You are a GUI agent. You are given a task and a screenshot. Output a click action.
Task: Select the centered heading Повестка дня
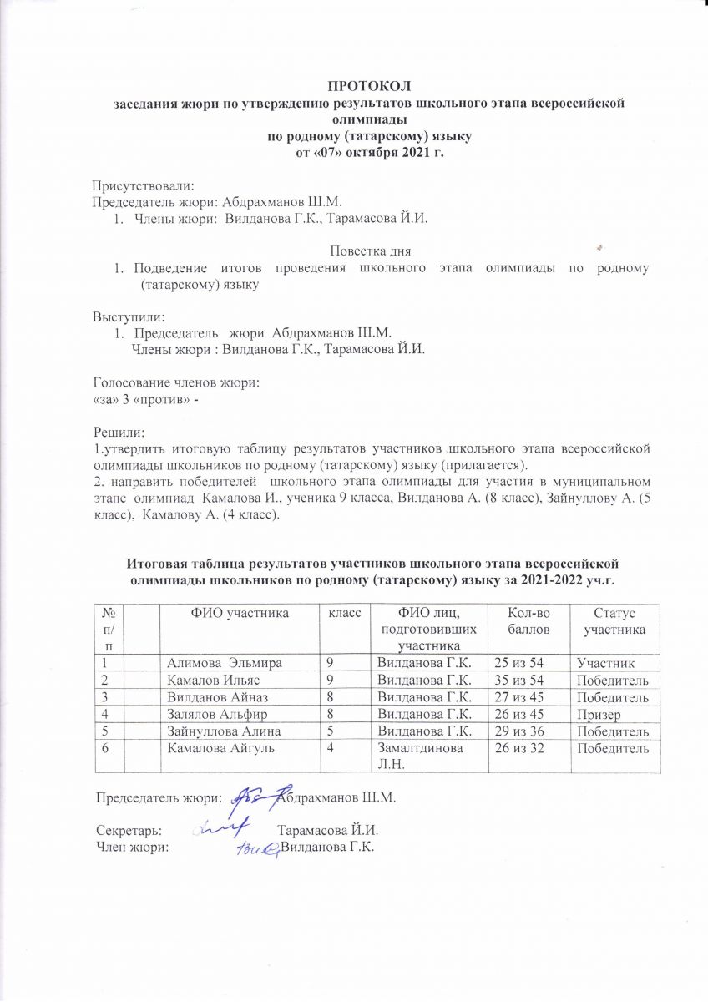pyautogui.click(x=370, y=250)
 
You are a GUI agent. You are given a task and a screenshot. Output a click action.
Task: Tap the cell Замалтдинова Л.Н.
pyautogui.click(x=417, y=756)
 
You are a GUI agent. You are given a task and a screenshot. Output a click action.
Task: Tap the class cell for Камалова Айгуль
pyautogui.click(x=331, y=748)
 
